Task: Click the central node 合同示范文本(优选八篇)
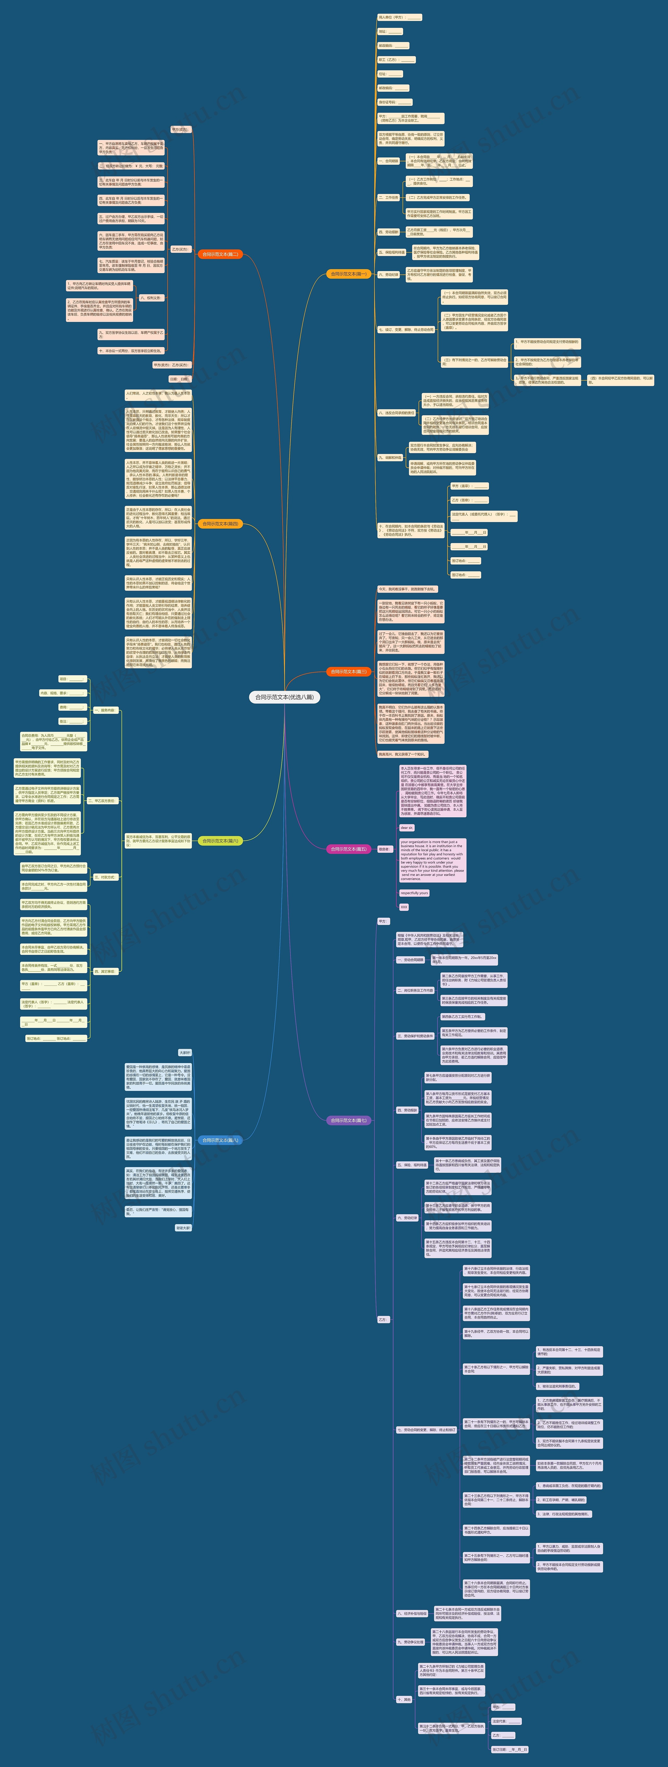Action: (284, 697)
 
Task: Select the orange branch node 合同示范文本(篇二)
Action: (220, 254)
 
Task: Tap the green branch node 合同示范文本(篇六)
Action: (220, 841)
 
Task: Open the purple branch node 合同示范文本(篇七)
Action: (349, 1121)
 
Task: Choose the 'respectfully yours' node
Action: (414, 893)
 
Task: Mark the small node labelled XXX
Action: (404, 907)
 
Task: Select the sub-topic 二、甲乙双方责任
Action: (102, 801)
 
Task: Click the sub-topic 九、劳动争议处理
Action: (410, 1642)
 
